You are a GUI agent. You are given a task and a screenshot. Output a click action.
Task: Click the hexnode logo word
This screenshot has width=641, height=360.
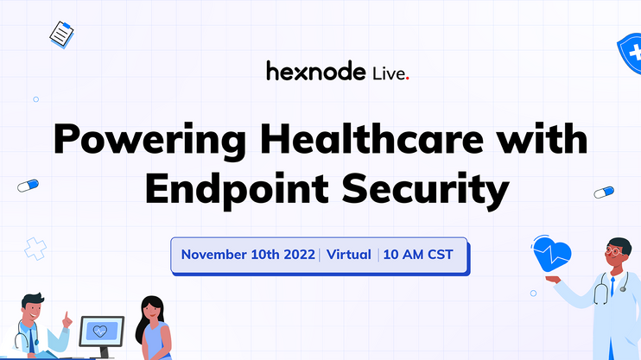pos(316,71)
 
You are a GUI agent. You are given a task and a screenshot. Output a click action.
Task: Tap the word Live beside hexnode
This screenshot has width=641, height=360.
pos(389,73)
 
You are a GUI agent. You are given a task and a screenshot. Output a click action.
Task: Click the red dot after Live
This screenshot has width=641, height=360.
pos(407,78)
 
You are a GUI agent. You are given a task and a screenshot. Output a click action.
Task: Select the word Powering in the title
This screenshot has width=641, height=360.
pos(149,140)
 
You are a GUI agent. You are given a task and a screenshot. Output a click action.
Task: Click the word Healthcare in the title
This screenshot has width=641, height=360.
pos(372,139)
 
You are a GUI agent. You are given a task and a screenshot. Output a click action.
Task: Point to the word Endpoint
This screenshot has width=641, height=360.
pos(237,189)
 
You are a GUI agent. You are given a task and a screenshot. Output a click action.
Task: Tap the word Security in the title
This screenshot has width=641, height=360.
pos(426,189)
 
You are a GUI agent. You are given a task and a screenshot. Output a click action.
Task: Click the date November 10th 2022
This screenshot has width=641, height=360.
pos(248,255)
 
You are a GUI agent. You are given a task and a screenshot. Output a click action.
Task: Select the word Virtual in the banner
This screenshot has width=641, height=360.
pos(349,255)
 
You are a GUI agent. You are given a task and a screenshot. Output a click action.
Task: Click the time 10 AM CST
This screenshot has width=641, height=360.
pos(418,255)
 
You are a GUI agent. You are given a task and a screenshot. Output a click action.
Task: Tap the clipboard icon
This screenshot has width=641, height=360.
pos(61,35)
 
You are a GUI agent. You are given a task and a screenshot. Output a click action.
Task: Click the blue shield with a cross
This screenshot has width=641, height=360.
pos(631,54)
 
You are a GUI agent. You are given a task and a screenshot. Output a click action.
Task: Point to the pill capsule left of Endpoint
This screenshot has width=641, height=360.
pos(29,186)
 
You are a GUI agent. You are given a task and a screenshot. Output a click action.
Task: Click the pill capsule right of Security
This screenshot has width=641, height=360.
pos(604,192)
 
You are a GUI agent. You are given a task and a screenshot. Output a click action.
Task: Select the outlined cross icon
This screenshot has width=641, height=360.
pos(35,249)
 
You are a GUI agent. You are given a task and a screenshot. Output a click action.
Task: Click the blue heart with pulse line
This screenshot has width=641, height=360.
pos(551,254)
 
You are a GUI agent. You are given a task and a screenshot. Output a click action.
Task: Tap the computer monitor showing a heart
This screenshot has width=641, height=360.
pos(102,331)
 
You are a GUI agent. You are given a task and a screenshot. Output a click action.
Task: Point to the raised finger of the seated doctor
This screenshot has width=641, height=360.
pos(66,315)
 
